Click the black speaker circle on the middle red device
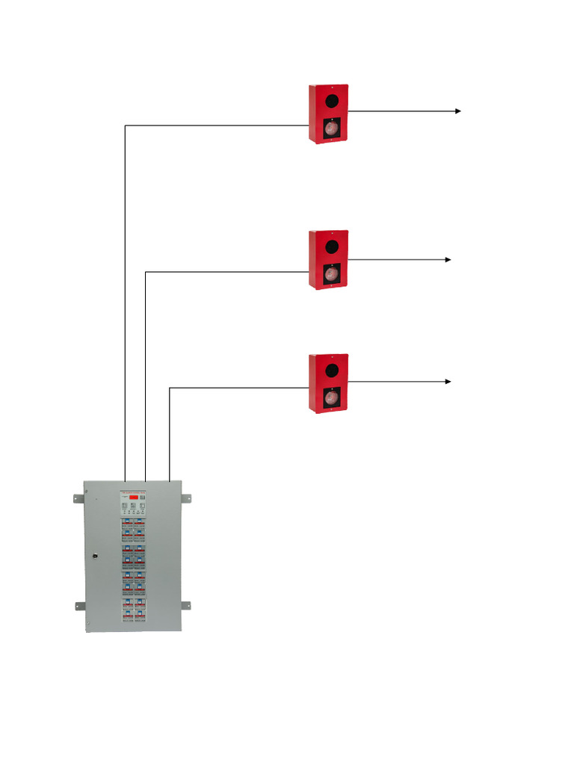[x=328, y=246]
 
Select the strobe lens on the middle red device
[x=329, y=274]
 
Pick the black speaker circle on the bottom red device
[x=328, y=369]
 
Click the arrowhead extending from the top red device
[x=457, y=111]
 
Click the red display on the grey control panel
[x=132, y=497]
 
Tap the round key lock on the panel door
[x=95, y=555]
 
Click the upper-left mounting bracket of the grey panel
[x=78, y=498]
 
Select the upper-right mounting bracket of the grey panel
[x=185, y=498]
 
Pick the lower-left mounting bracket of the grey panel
[x=78, y=605]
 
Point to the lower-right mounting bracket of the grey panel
[x=185, y=604]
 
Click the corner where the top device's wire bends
[x=125, y=126]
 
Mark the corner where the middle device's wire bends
[x=144, y=272]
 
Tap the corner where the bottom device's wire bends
[x=170, y=387]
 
